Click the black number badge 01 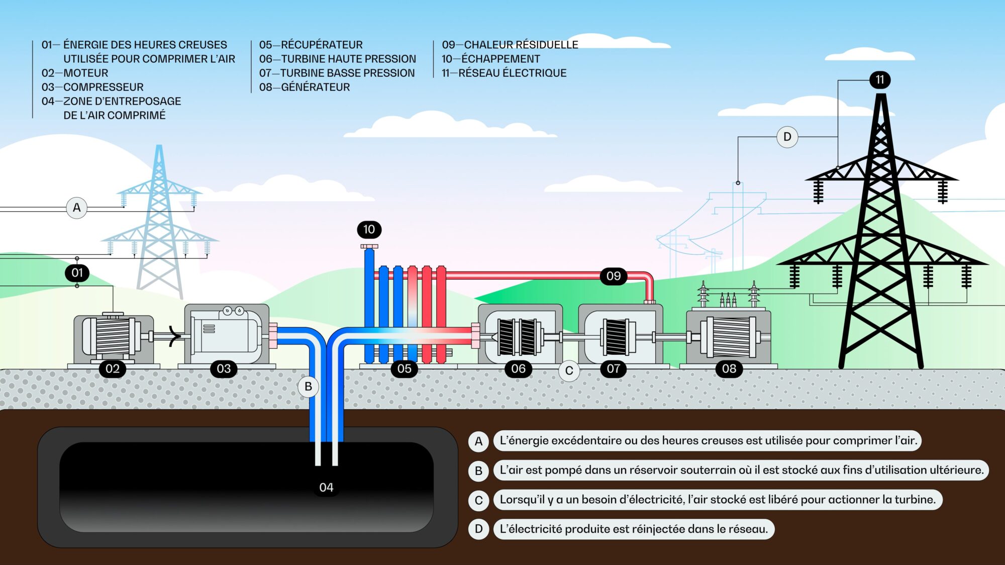(77, 273)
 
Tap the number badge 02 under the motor (113, 369)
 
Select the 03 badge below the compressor (224, 369)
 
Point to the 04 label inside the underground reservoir (326, 488)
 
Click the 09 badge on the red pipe (614, 276)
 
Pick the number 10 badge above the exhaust (369, 230)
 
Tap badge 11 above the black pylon (880, 80)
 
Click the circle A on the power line (77, 208)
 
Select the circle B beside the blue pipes (308, 387)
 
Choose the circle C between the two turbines (569, 371)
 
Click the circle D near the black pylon (787, 137)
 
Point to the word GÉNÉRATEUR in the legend (315, 87)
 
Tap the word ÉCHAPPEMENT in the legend (500, 59)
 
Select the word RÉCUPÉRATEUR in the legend (322, 45)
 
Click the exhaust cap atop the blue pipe (369, 246)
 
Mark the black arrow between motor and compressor (174, 336)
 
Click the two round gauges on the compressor (234, 311)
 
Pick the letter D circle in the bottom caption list (478, 529)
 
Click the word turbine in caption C (917, 500)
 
